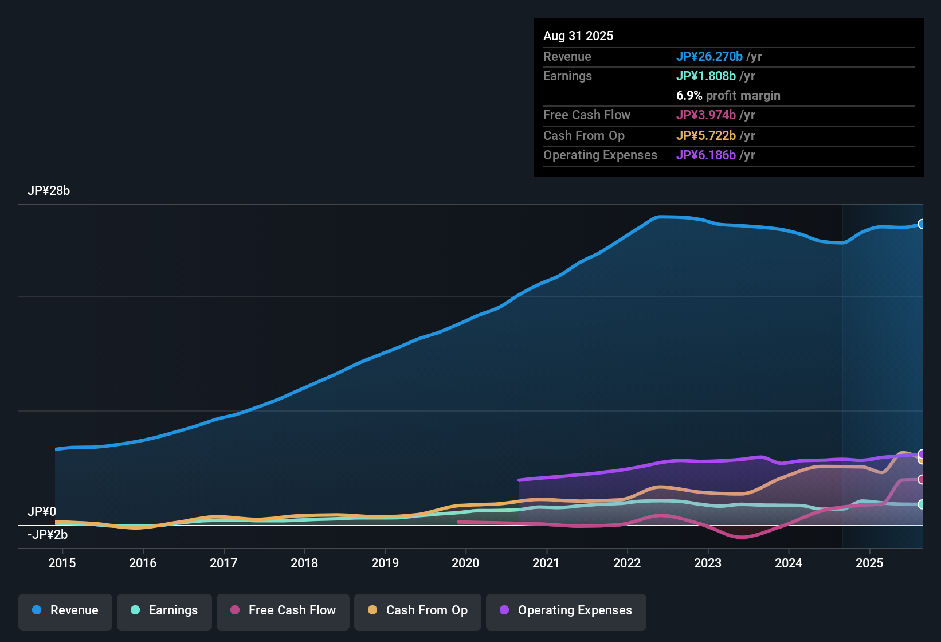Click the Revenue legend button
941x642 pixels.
pyautogui.click(x=65, y=610)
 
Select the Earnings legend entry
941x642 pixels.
pyautogui.click(x=164, y=610)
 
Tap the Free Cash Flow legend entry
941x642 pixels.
pyautogui.click(x=283, y=610)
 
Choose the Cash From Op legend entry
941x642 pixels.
pyautogui.click(x=418, y=610)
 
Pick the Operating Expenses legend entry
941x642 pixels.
pyautogui.click(x=566, y=610)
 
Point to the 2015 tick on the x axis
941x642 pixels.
pyautogui.click(x=62, y=563)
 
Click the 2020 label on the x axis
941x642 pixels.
pyautogui.click(x=465, y=563)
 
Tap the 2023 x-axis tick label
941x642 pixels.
pyautogui.click(x=708, y=563)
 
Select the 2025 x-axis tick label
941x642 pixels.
pyautogui.click(x=869, y=563)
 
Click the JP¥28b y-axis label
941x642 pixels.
pyautogui.click(x=49, y=191)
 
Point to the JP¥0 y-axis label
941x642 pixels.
pyautogui.click(x=42, y=511)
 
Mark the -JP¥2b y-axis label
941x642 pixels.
pyautogui.click(x=48, y=535)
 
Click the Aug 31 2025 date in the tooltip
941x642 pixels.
pyautogui.click(x=578, y=36)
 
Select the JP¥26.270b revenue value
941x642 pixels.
pyautogui.click(x=709, y=57)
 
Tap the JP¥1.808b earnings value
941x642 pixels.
pyautogui.click(x=706, y=76)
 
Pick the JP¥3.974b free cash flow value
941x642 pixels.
pyautogui.click(x=706, y=115)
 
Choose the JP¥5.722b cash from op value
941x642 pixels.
pyautogui.click(x=706, y=136)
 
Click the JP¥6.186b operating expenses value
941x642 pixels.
pyautogui.click(x=706, y=155)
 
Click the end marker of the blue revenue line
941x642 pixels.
pyautogui.click(x=921, y=224)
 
